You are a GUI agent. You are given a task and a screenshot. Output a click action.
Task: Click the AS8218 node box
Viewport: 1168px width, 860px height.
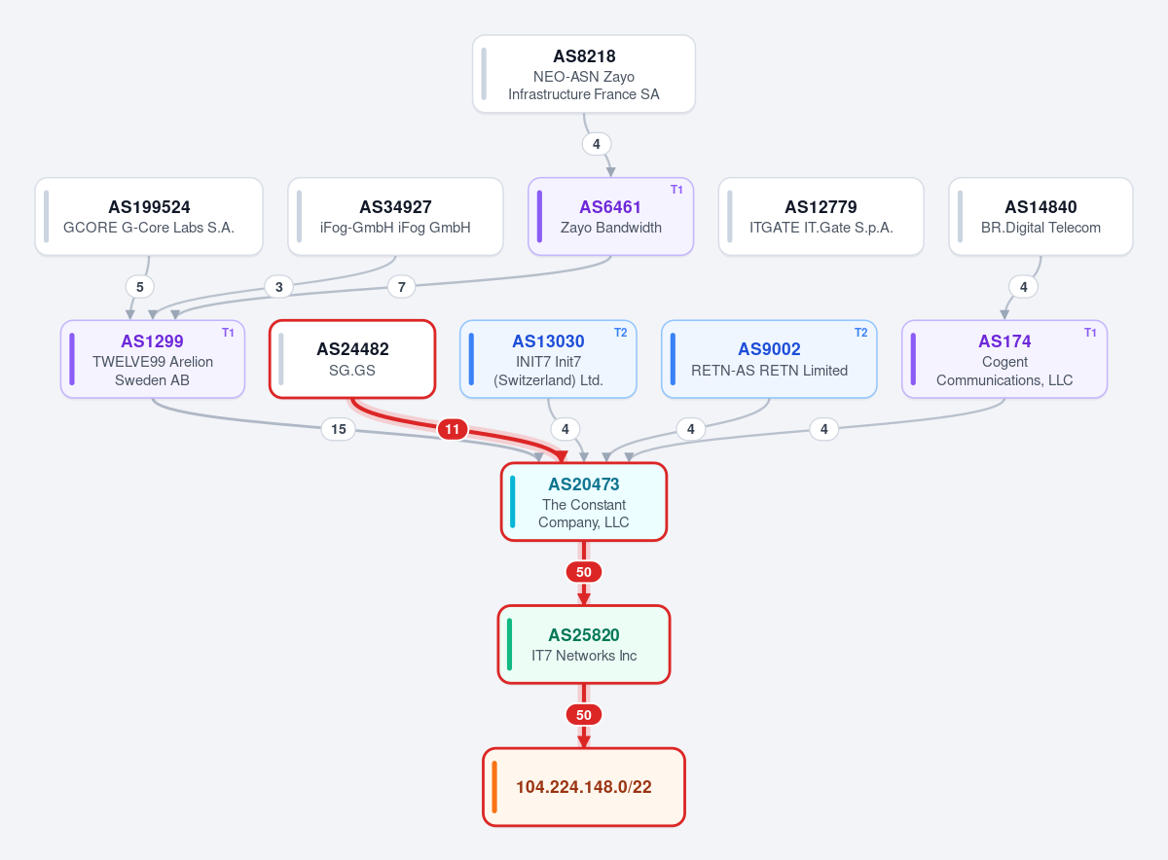tap(583, 74)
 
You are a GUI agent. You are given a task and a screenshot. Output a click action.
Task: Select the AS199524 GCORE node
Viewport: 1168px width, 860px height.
tap(149, 216)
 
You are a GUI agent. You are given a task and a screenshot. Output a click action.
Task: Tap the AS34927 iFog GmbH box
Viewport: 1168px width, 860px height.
tap(395, 216)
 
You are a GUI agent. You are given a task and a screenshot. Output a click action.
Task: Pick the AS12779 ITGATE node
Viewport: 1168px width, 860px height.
tap(821, 216)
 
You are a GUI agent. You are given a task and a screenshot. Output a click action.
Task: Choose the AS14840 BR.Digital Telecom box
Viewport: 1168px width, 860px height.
tap(1040, 216)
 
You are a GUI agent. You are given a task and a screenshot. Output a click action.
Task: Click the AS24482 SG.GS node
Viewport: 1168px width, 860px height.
tap(352, 359)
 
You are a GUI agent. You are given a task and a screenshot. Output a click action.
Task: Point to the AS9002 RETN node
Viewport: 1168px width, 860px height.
tap(769, 359)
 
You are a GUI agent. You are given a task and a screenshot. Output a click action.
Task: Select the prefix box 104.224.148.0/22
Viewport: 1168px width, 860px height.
tap(583, 787)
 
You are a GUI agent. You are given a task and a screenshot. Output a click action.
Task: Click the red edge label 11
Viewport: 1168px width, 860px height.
tap(452, 429)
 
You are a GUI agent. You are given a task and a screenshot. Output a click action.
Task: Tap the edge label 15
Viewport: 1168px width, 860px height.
tap(339, 429)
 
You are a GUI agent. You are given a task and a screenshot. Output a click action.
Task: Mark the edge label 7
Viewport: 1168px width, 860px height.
tap(401, 287)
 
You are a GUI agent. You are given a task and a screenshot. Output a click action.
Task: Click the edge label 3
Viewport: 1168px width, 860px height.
tap(279, 287)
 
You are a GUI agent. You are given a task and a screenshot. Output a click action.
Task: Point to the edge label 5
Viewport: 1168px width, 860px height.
tap(140, 287)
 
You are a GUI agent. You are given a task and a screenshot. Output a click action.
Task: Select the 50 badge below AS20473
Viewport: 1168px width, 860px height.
tap(583, 572)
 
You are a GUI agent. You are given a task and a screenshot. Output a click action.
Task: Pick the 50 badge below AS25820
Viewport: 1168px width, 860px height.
tap(583, 715)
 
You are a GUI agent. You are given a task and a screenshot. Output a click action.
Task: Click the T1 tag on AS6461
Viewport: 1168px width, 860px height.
tap(676, 190)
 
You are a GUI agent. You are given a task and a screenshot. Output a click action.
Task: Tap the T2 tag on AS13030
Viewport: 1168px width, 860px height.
tap(621, 333)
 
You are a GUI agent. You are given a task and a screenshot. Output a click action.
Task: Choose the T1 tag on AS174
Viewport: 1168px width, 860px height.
tap(1090, 333)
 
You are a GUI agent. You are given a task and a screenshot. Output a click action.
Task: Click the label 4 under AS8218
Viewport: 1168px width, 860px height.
tap(597, 144)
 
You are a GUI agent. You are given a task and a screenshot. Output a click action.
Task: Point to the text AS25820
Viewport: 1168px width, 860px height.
tap(583, 635)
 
